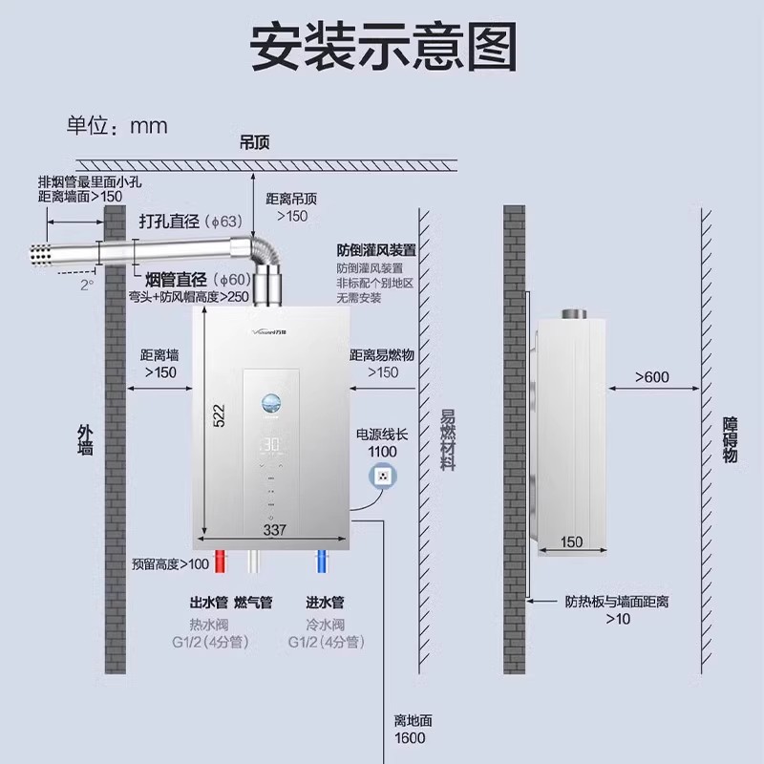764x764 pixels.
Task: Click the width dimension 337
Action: click(x=275, y=529)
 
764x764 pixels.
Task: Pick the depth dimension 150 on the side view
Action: click(x=571, y=542)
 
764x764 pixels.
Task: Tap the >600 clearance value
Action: click(x=653, y=377)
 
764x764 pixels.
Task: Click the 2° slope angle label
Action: click(x=88, y=285)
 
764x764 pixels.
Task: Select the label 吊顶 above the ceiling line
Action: click(x=255, y=142)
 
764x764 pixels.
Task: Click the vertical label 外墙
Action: click(x=85, y=438)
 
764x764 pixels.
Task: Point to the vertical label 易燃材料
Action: click(x=447, y=439)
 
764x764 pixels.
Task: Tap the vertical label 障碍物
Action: click(x=731, y=439)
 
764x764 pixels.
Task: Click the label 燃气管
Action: click(x=253, y=603)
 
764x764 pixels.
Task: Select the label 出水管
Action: click(x=208, y=603)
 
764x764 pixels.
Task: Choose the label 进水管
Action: click(x=324, y=603)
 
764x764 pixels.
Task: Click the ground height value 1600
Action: click(x=409, y=738)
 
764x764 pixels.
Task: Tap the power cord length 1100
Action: click(x=382, y=451)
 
